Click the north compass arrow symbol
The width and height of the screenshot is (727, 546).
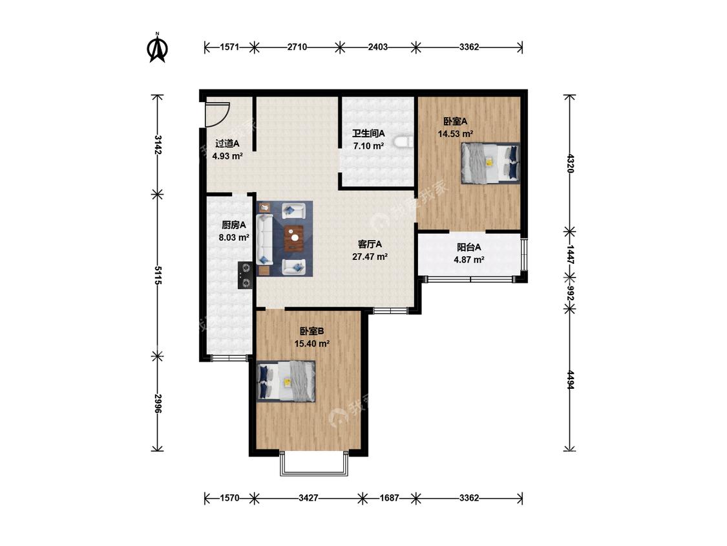click(x=158, y=48)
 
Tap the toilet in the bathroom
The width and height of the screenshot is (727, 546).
click(x=405, y=142)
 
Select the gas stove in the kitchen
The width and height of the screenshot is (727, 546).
click(x=246, y=276)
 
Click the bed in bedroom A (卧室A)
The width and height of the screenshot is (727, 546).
click(x=490, y=162)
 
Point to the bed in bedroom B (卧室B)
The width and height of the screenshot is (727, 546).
click(x=286, y=381)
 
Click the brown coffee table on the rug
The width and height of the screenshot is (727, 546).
click(x=294, y=237)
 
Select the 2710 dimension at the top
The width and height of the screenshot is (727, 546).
click(x=297, y=47)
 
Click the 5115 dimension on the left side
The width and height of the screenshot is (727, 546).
click(x=158, y=276)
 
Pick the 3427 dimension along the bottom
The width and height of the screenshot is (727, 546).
click(x=308, y=498)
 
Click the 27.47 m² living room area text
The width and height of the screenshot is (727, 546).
click(x=370, y=256)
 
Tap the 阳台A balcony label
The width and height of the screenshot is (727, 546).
click(x=469, y=248)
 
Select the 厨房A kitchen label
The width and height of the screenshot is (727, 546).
click(x=234, y=225)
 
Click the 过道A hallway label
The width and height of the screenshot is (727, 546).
click(x=227, y=144)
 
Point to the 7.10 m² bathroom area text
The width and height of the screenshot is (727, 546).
click(x=368, y=146)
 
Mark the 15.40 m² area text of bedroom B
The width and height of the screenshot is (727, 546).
click(x=312, y=344)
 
